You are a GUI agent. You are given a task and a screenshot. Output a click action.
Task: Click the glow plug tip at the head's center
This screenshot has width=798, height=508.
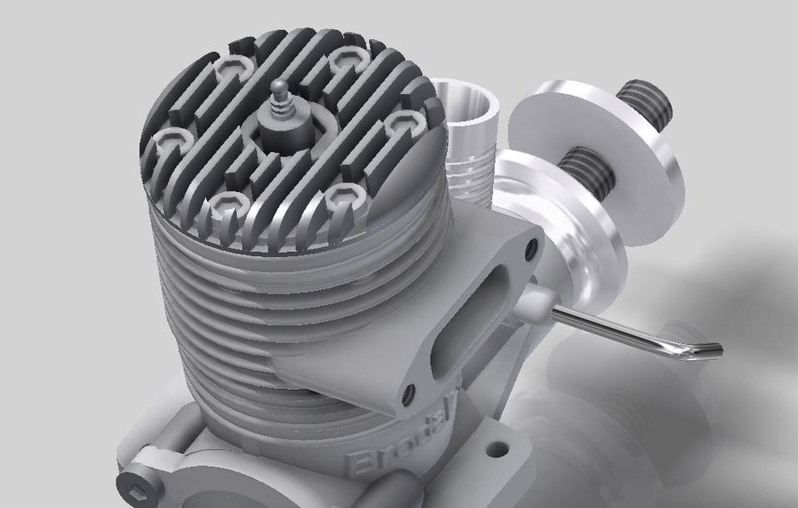[x=278, y=86]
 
